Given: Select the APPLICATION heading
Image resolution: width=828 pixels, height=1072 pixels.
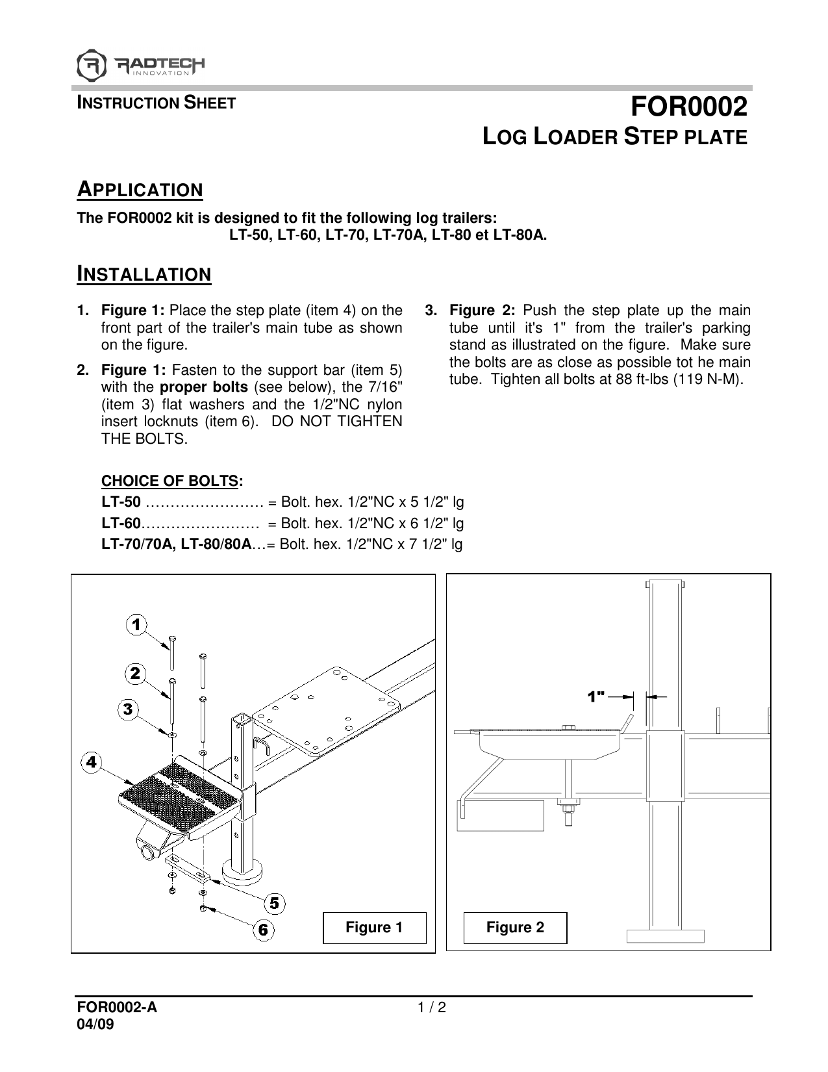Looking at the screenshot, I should (140, 190).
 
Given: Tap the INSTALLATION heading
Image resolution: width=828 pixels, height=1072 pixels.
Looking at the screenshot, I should (144, 275).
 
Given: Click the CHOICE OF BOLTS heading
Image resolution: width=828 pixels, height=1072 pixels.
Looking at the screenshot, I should (170, 481).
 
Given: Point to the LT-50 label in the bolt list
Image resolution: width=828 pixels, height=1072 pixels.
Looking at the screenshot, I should (121, 502).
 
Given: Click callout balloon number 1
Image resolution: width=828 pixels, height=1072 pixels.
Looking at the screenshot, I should (136, 625).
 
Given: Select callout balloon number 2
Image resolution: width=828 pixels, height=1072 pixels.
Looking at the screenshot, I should (135, 674).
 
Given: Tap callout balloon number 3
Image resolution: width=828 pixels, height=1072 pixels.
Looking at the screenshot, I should (128, 709).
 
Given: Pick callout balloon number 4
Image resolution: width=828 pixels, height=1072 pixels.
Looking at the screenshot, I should (92, 762).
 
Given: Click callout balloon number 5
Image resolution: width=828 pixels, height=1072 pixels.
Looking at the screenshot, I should (275, 903).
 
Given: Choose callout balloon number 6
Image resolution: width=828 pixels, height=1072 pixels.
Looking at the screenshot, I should (263, 930).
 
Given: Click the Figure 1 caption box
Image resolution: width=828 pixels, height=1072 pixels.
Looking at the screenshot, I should (374, 927).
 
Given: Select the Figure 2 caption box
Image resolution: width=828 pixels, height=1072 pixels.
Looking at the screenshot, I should (515, 927).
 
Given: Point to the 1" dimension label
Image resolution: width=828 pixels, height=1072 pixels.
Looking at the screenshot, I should (596, 696).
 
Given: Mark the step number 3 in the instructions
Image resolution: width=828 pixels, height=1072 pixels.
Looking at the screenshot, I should (429, 310).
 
